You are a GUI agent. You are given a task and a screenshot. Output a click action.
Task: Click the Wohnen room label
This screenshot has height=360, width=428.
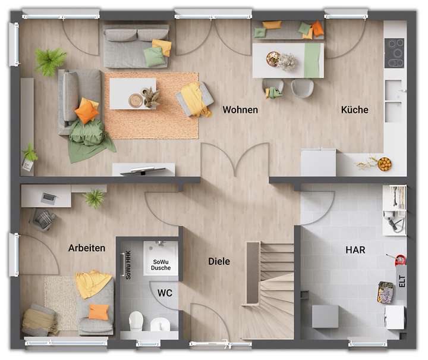click(240, 110)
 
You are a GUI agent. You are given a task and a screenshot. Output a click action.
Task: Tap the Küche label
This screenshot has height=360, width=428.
click(354, 110)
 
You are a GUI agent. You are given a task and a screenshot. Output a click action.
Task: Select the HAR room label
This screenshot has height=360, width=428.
click(355, 250)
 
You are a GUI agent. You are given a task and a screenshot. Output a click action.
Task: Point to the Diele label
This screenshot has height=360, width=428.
click(219, 261)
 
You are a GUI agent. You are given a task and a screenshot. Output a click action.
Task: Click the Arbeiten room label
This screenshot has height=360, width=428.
click(87, 248)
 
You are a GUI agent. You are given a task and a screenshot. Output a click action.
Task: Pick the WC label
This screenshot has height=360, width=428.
click(165, 292)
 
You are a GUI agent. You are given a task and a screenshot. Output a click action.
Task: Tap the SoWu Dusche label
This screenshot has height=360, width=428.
click(161, 265)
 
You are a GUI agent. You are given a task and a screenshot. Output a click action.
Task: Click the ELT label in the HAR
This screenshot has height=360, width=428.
click(402, 280)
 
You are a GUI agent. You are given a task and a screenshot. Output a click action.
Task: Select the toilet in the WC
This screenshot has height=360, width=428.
click(136, 320)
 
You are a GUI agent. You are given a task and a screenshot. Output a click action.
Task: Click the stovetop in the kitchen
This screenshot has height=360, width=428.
click(394, 53)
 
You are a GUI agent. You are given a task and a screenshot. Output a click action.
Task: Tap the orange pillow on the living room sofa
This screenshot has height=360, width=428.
click(86, 111)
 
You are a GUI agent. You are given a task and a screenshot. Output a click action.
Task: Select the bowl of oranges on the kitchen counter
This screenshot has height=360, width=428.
click(384, 164)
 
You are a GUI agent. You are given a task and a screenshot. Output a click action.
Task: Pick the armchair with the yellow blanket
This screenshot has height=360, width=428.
click(196, 99)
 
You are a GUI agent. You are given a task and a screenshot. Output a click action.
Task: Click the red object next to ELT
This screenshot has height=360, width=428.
click(400, 260)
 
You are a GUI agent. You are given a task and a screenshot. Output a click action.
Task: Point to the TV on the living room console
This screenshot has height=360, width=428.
click(143, 170)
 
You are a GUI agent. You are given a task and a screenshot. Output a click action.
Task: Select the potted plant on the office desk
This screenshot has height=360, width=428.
click(95, 198)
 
